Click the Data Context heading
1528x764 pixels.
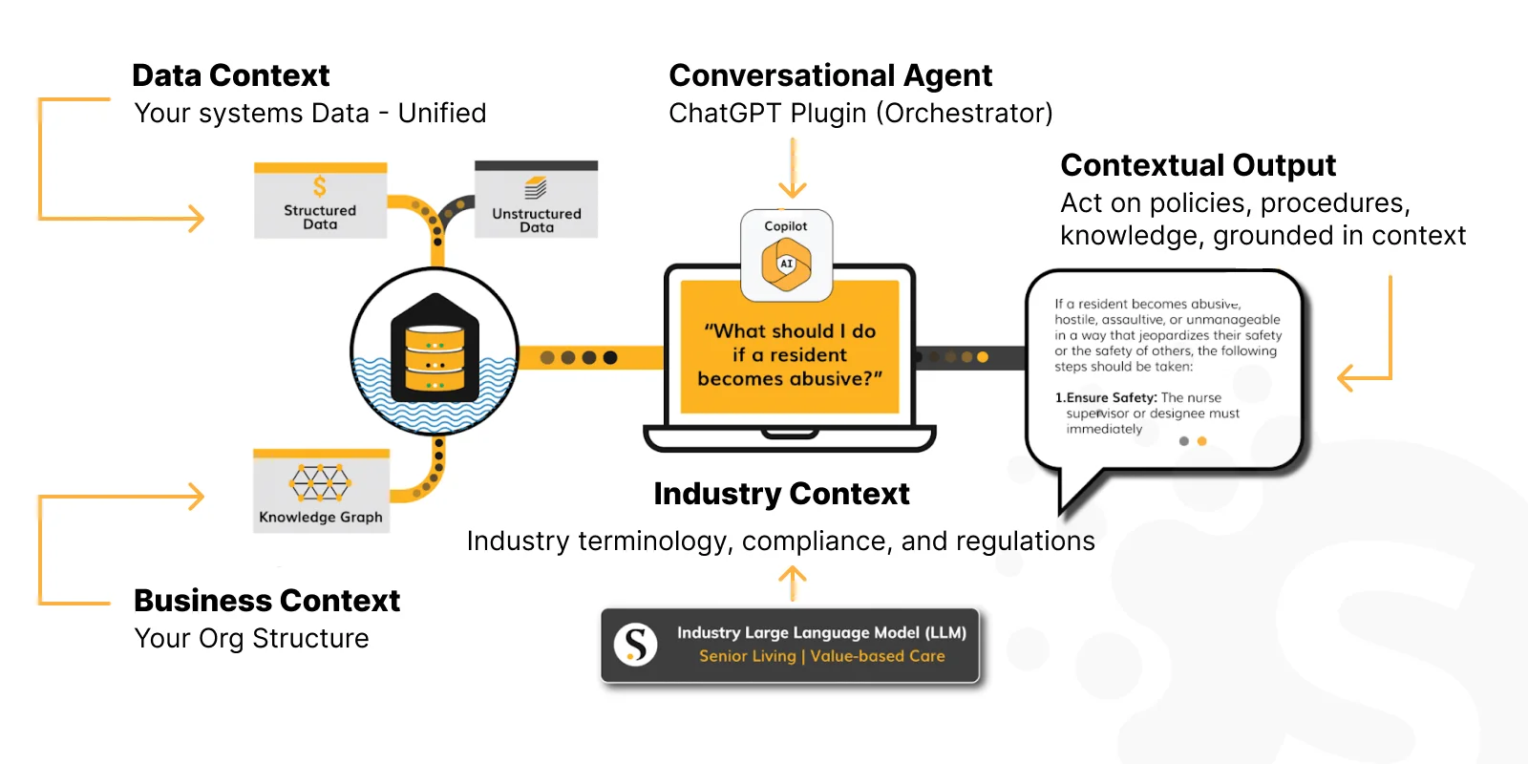230,75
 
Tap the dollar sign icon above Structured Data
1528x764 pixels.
320,186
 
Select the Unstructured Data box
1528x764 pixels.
536,201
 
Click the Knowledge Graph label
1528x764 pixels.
321,517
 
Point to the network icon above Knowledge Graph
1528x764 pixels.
320,482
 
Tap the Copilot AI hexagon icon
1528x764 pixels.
786,265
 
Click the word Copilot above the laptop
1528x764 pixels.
785,226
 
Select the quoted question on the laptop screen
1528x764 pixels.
790,354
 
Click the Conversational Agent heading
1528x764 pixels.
830,75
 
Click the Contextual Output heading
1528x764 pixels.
1198,165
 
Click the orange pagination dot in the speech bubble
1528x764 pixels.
1201,441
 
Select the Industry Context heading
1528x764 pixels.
781,494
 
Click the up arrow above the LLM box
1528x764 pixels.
793,582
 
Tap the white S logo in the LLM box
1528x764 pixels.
635,645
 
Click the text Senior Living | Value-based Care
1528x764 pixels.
821,656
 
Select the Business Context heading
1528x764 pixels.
266,601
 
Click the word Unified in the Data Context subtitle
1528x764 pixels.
441,114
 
